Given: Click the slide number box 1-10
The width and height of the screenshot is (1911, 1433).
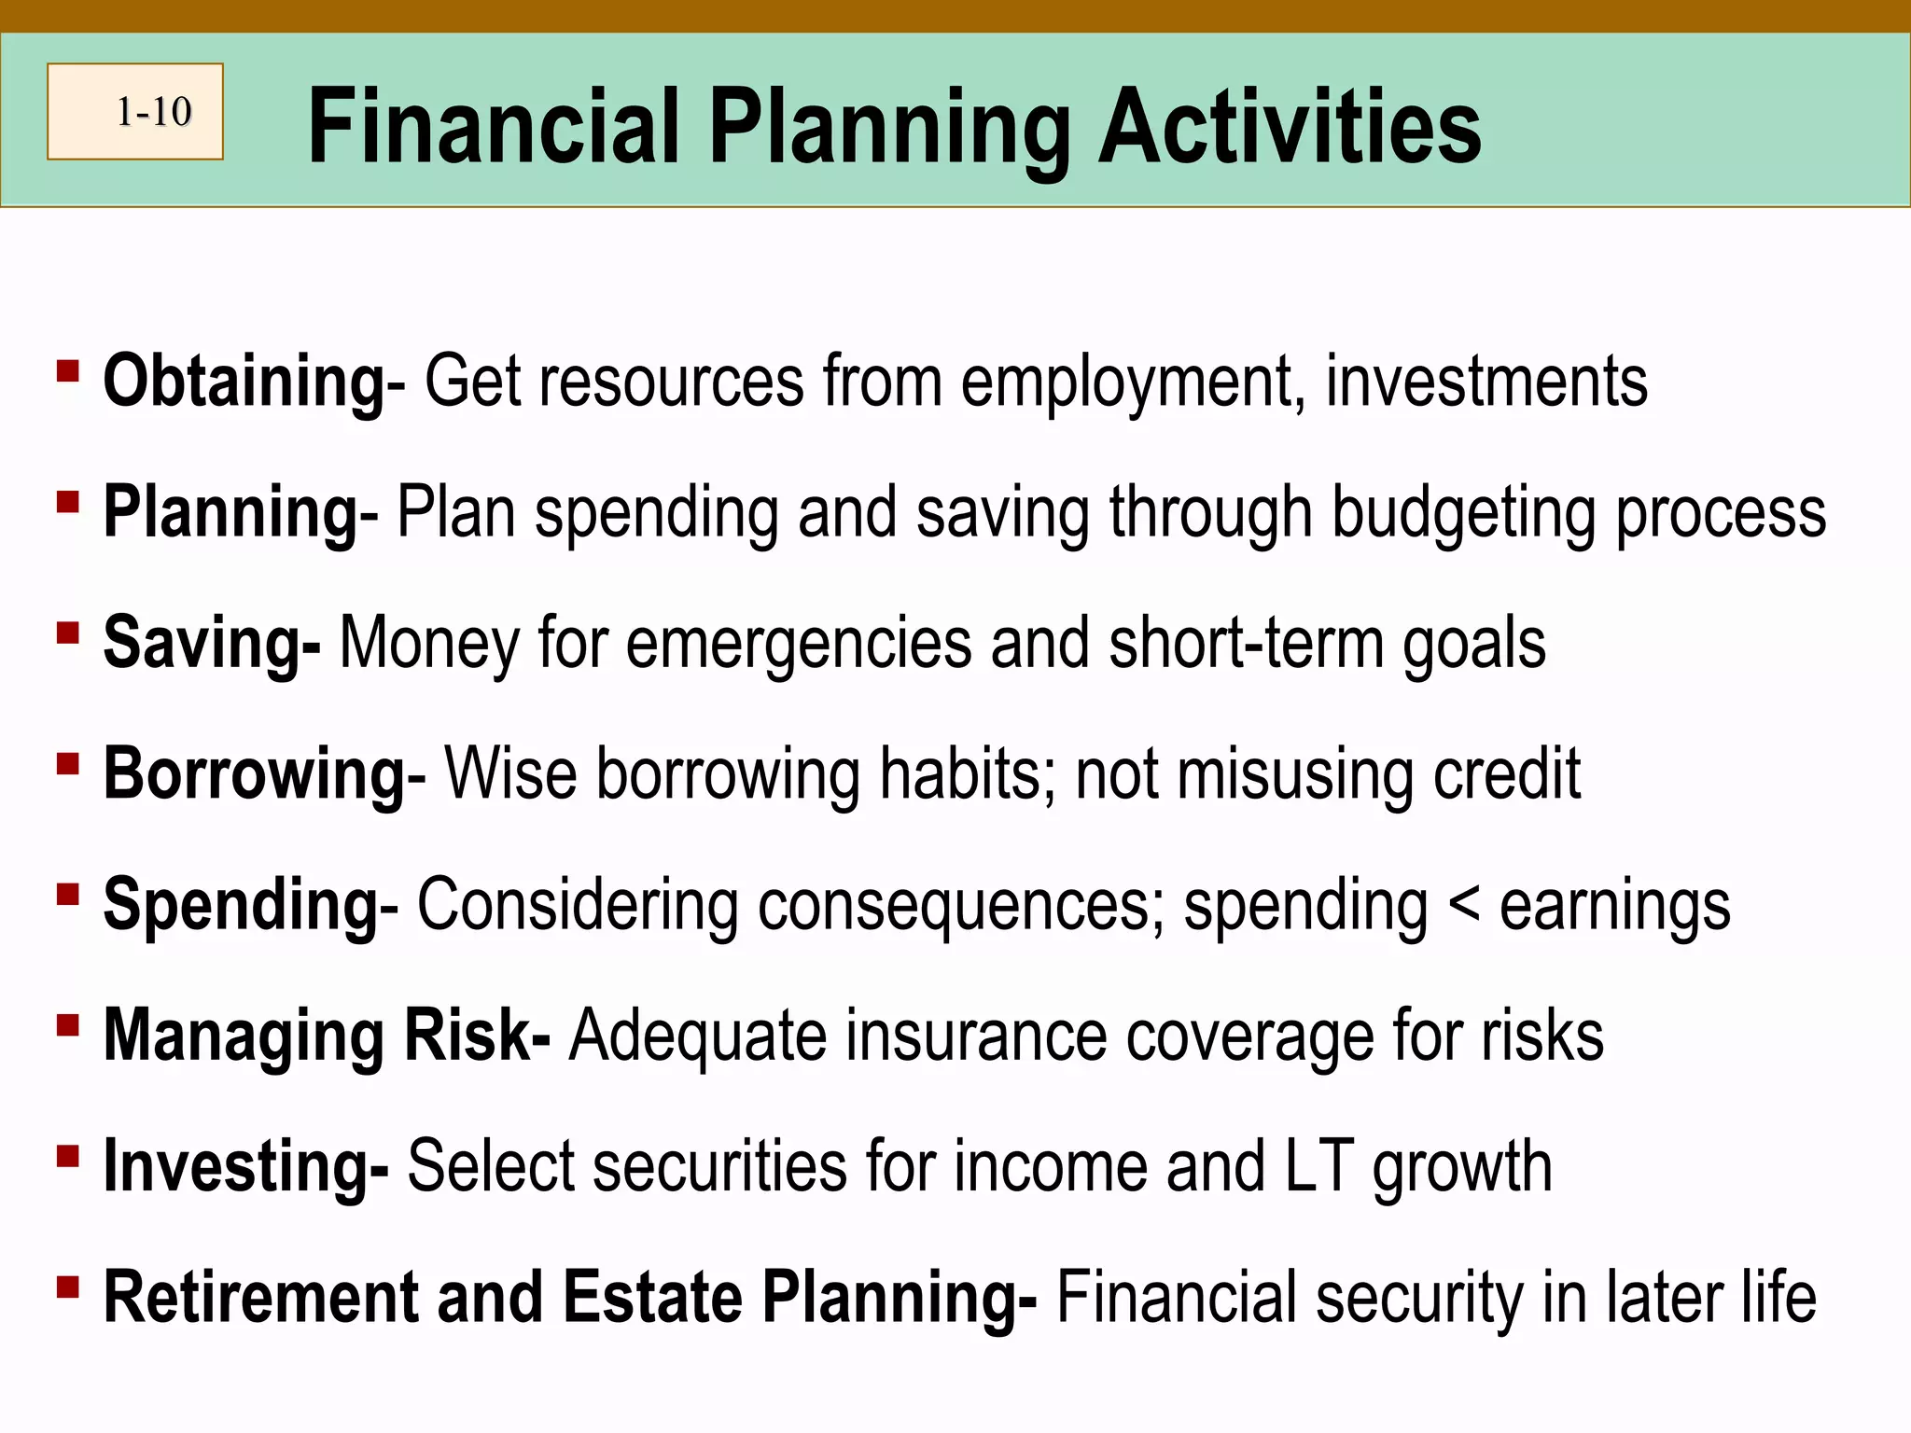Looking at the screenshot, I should click(135, 112).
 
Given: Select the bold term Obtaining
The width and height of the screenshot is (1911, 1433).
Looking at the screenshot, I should click(244, 383).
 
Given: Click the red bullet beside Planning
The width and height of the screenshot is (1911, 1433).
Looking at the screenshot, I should click(67, 502).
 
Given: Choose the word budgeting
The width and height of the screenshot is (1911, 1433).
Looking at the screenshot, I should click(1463, 513).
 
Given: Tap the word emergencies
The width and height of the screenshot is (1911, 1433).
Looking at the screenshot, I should click(799, 644).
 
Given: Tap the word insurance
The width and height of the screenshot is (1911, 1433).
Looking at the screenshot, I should click(976, 1036).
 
